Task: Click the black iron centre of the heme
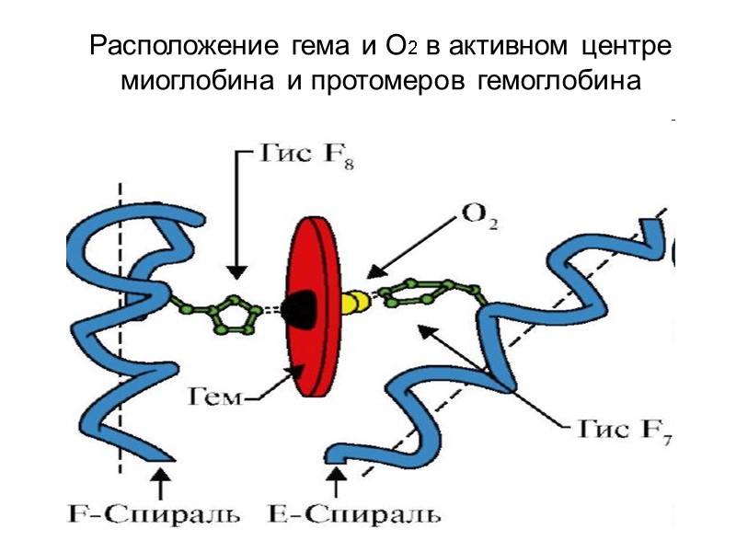[300, 307]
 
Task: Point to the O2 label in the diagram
[479, 218]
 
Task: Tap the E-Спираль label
[353, 512]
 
